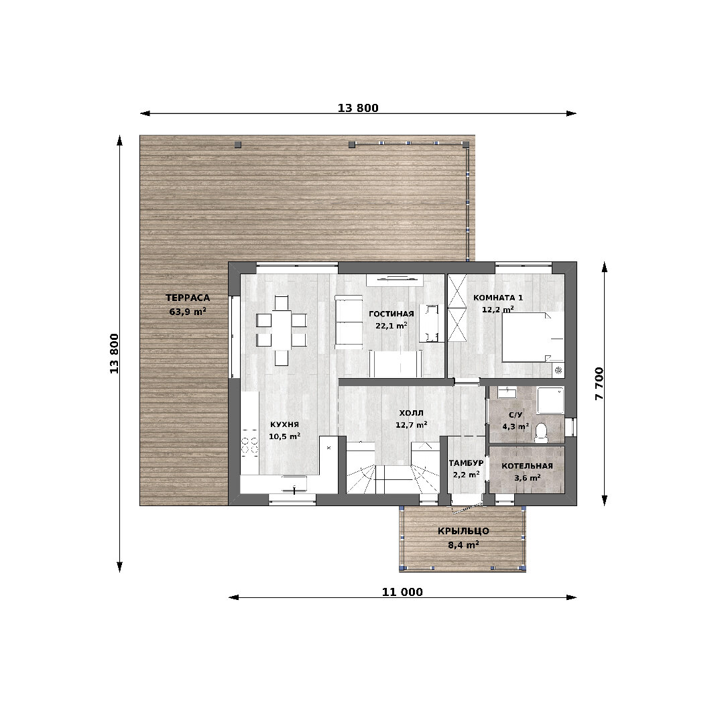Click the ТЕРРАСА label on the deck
pyautogui.click(x=188, y=298)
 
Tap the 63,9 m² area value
pyautogui.click(x=188, y=312)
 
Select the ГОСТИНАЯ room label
pyautogui.click(x=391, y=314)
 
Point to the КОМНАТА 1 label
pyautogui.click(x=497, y=298)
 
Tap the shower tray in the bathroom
pyautogui.click(x=550, y=400)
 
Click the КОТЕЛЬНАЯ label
pyautogui.click(x=527, y=466)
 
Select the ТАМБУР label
pyautogui.click(x=466, y=463)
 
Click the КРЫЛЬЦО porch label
pyautogui.click(x=463, y=531)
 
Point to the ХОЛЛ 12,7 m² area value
pyautogui.click(x=412, y=425)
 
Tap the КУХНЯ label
pyautogui.click(x=284, y=424)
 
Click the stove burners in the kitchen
pyautogui.click(x=249, y=443)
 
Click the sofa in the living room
pyautogui.click(x=349, y=322)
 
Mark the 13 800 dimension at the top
pyautogui.click(x=358, y=108)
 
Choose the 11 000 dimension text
pyautogui.click(x=402, y=592)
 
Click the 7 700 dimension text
pyautogui.click(x=599, y=383)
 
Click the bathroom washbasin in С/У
pyautogui.click(x=507, y=392)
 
